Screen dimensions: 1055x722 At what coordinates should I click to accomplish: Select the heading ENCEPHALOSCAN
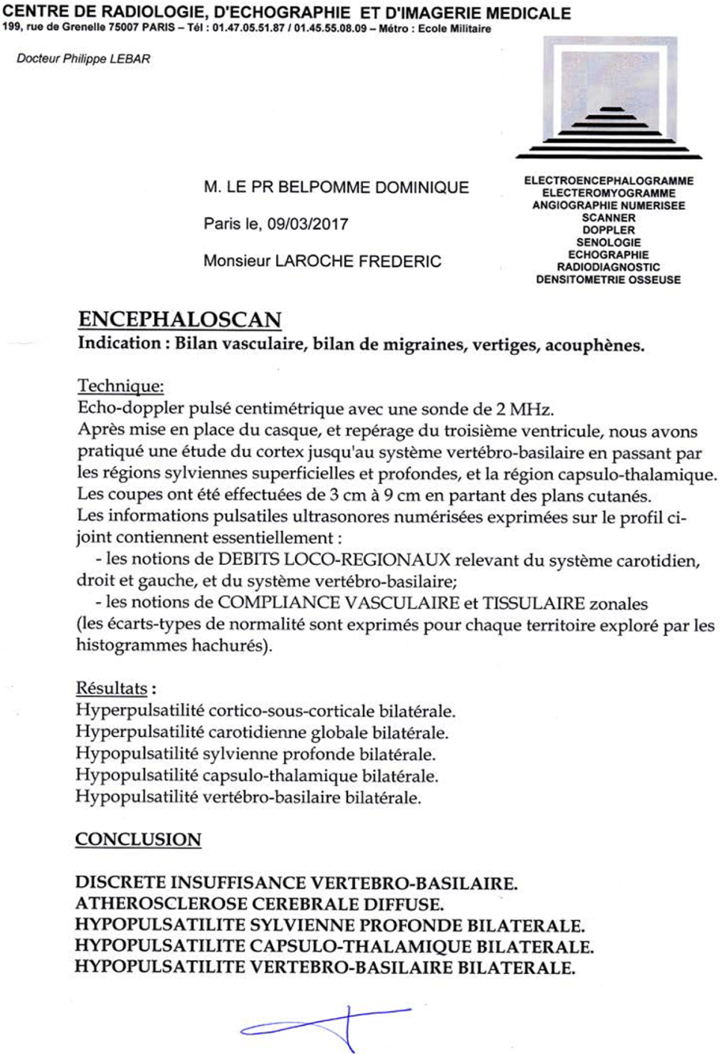[179, 319]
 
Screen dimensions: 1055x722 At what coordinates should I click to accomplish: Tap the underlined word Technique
[120, 387]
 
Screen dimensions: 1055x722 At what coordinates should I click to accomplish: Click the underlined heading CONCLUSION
[138, 839]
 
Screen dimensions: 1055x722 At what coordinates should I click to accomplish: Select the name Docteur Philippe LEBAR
[83, 58]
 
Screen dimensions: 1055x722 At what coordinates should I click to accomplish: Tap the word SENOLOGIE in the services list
[608, 242]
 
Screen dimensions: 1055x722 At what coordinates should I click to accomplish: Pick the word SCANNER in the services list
[608, 217]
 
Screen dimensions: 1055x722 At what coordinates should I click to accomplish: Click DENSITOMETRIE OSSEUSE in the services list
[608, 279]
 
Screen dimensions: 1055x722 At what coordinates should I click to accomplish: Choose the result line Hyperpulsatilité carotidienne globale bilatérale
[262, 733]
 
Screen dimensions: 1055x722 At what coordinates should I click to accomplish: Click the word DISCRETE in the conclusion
[126, 881]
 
